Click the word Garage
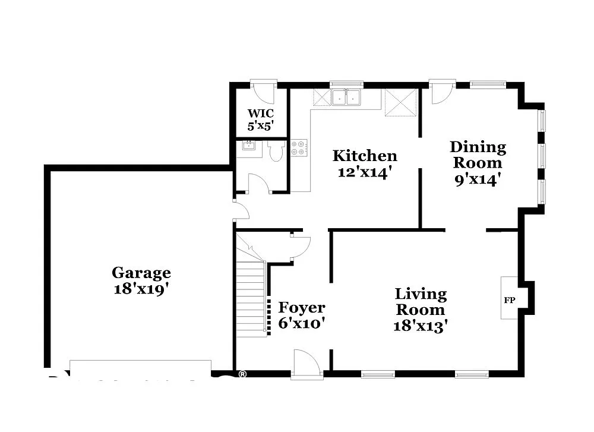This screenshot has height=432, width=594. point(141,273)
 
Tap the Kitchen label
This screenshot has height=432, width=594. point(364,156)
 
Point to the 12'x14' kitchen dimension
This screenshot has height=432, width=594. point(364,172)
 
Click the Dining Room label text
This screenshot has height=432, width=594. point(478,154)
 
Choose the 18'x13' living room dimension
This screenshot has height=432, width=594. point(420,326)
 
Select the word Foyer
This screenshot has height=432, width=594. point(302,308)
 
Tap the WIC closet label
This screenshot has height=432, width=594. point(261,113)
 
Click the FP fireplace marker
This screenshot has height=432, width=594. point(509,300)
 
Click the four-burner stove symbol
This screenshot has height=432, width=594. point(299,148)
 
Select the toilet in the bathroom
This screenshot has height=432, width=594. point(276,151)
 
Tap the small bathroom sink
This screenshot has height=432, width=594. point(248,146)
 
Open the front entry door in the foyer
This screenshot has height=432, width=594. point(307,363)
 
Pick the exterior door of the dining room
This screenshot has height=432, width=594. point(442,92)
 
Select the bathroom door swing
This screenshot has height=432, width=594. point(258,184)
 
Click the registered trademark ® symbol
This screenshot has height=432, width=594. point(242,374)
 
